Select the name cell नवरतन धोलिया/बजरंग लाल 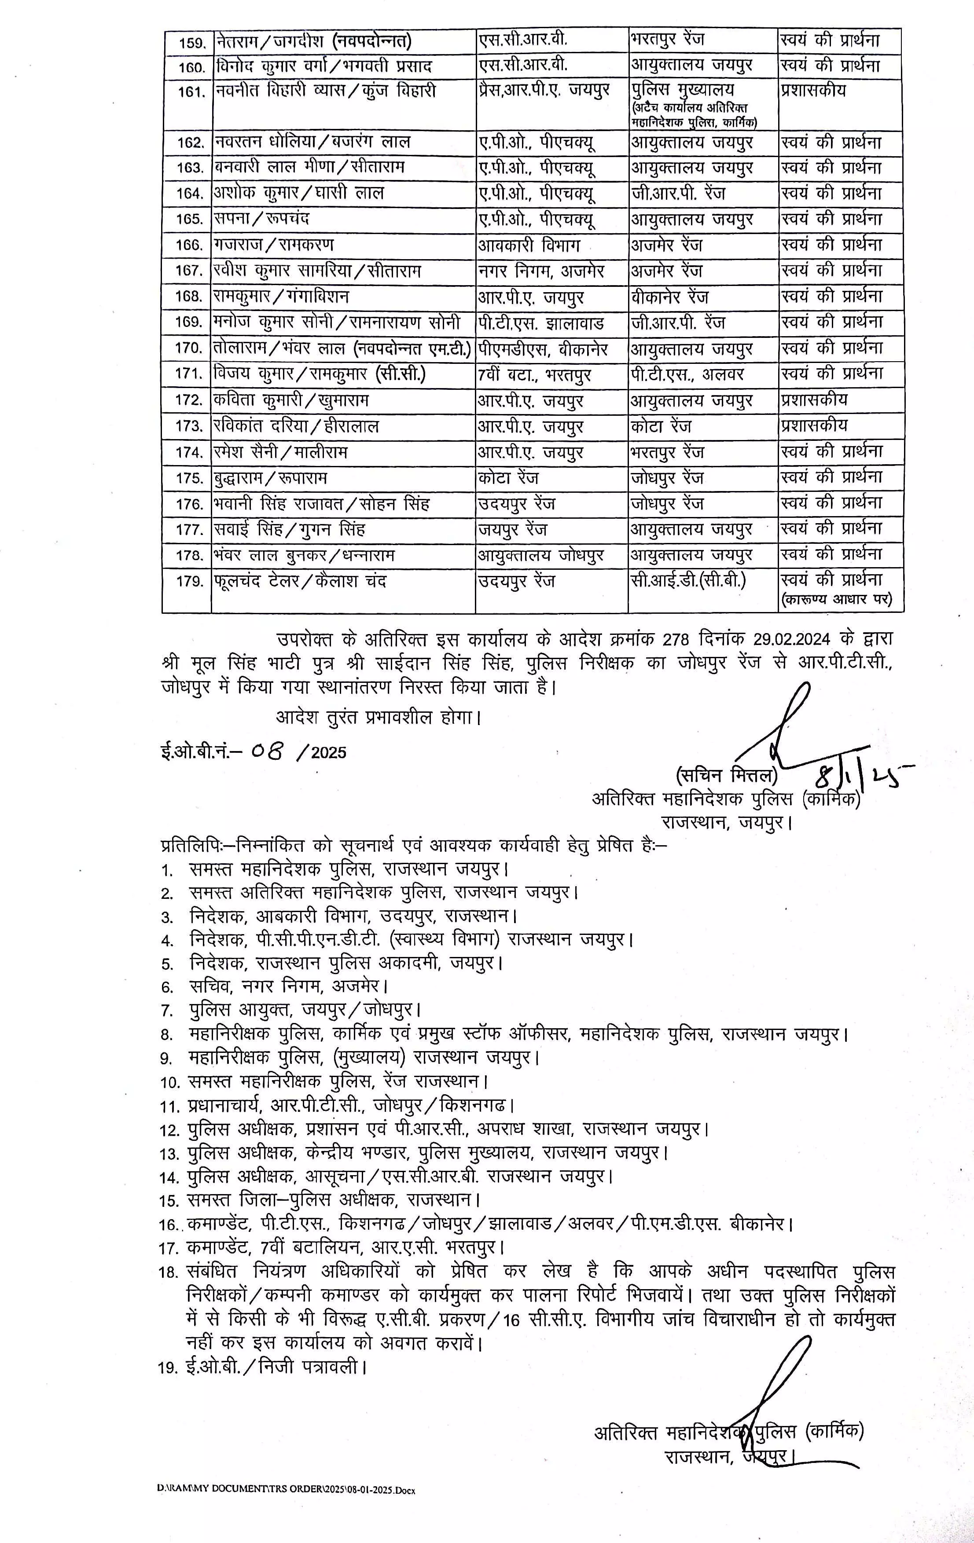click(312, 142)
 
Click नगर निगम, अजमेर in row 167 click(541, 271)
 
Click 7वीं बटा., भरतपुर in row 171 click(534, 374)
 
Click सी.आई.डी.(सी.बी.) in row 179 click(688, 580)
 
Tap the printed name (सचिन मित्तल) click(727, 776)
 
